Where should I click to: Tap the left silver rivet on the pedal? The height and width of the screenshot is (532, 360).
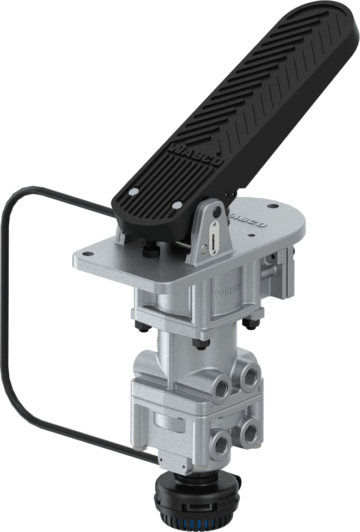tap(133, 192)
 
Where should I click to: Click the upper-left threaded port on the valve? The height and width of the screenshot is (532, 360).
tap(221, 387)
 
